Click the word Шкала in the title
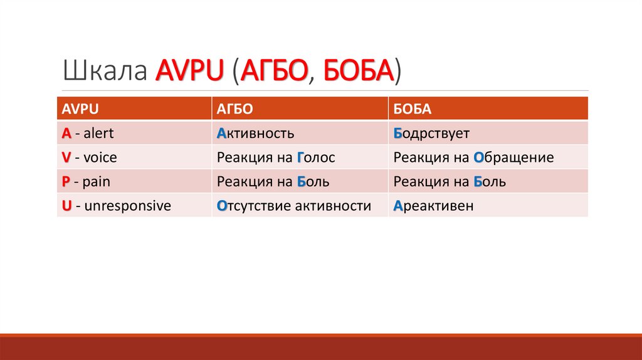[105, 71]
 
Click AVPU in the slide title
[189, 71]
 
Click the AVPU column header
[78, 109]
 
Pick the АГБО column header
[235, 109]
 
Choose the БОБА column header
[413, 109]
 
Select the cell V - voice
[89, 157]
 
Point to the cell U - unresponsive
[116, 205]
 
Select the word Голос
[316, 157]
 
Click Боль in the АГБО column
[313, 182]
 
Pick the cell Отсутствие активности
[294, 205]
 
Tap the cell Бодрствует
[431, 133]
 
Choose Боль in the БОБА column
[490, 182]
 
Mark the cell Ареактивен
[433, 205]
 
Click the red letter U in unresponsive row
[66, 205]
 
